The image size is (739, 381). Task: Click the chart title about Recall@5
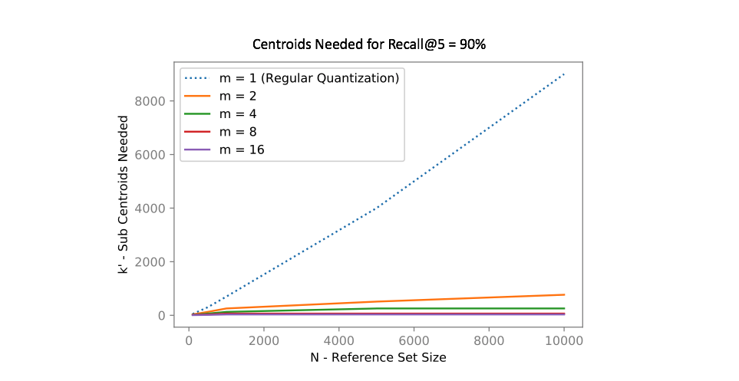click(369, 44)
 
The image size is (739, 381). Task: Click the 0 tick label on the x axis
click(188, 340)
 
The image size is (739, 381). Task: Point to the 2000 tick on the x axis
click(263, 340)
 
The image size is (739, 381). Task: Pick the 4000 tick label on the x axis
click(338, 340)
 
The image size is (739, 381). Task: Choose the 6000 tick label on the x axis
click(414, 340)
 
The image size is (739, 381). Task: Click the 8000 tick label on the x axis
click(489, 340)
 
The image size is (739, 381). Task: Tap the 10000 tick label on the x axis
click(564, 340)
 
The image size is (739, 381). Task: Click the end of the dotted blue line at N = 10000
click(564, 74)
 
